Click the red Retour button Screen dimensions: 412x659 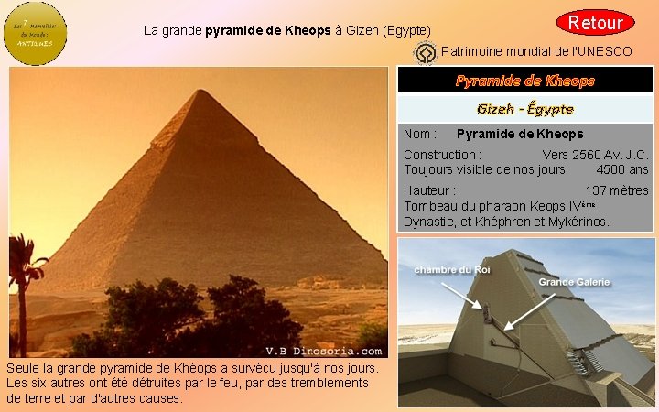click(x=596, y=22)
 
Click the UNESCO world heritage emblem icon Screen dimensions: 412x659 click(x=424, y=54)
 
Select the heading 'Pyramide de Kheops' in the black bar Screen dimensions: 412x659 click(x=525, y=81)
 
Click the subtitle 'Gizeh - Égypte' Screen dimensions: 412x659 click(x=525, y=109)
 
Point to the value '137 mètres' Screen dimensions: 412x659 click(x=617, y=190)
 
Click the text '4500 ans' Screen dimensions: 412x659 click(x=621, y=169)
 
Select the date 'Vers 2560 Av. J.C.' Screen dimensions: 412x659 click(x=595, y=155)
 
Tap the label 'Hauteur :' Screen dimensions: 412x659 click(x=429, y=190)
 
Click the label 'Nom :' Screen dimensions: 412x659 click(x=420, y=134)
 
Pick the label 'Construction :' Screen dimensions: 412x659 click(x=443, y=155)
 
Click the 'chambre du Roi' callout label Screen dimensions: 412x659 click(x=452, y=269)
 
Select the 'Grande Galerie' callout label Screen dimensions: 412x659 click(x=574, y=282)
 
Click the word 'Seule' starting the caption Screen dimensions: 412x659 click(x=23, y=367)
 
